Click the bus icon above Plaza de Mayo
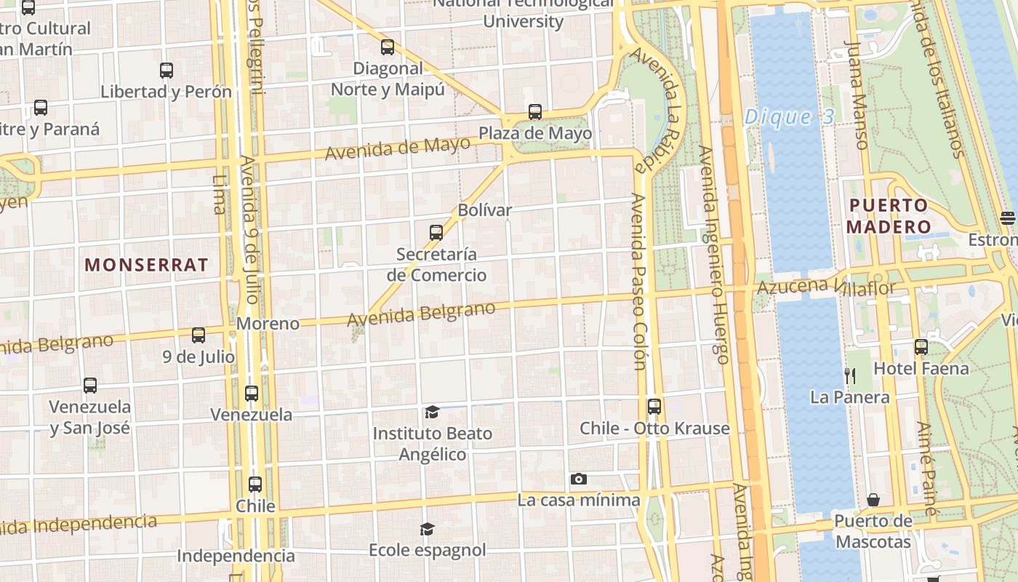pyautogui.click(x=535, y=111)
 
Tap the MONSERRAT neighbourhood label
pyautogui.click(x=146, y=264)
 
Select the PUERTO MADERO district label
pyautogui.click(x=889, y=216)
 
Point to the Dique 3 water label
pyautogui.click(x=788, y=117)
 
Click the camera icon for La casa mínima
pyautogui.click(x=579, y=479)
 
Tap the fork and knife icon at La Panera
pyautogui.click(x=849, y=375)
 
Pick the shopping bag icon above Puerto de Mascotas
pyautogui.click(x=873, y=500)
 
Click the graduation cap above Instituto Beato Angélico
pyautogui.click(x=432, y=412)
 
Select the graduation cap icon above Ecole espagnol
pyautogui.click(x=427, y=529)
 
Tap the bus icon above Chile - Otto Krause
pyautogui.click(x=654, y=406)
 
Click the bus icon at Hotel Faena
pyautogui.click(x=921, y=346)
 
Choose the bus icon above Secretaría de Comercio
pyautogui.click(x=436, y=232)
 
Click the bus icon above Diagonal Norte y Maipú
pyautogui.click(x=388, y=47)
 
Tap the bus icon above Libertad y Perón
pyautogui.click(x=167, y=71)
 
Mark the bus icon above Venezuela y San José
pyautogui.click(x=90, y=385)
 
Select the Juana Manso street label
pyautogui.click(x=857, y=95)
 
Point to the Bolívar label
pyautogui.click(x=485, y=210)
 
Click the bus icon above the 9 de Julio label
pyautogui.click(x=199, y=335)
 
